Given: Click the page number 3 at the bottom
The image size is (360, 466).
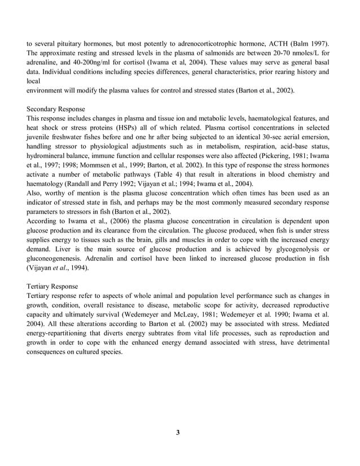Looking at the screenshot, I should pos(178,433).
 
